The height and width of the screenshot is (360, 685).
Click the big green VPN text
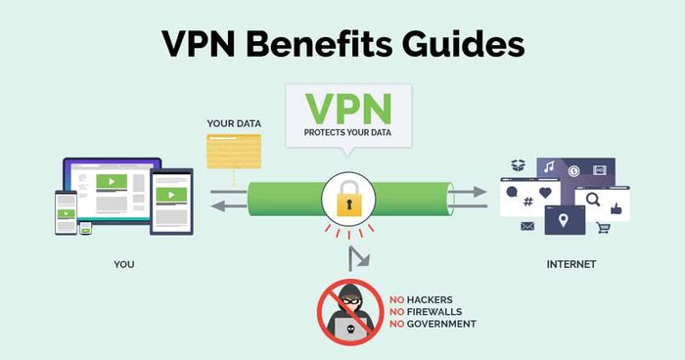[x=348, y=109]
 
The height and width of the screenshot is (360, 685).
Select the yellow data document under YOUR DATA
[x=234, y=152]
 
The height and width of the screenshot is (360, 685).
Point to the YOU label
[x=124, y=264]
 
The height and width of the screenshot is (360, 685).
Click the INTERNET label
[x=571, y=264]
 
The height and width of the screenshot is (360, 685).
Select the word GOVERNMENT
[x=441, y=324]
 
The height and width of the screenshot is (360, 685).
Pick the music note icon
[x=549, y=166]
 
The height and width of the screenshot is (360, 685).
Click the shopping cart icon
[x=604, y=228]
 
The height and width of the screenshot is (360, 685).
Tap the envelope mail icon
[x=527, y=226]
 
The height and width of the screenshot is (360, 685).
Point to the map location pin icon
[x=564, y=220]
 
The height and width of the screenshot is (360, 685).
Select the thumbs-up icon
[x=616, y=208]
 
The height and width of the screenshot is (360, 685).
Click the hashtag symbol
[x=528, y=202]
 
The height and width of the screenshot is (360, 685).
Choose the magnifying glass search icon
[x=593, y=200]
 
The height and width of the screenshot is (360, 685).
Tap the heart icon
[x=545, y=193]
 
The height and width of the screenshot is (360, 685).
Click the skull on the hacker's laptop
[x=350, y=330]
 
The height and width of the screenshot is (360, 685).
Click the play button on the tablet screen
[x=171, y=195]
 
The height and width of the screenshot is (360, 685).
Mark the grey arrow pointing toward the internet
[x=468, y=192]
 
